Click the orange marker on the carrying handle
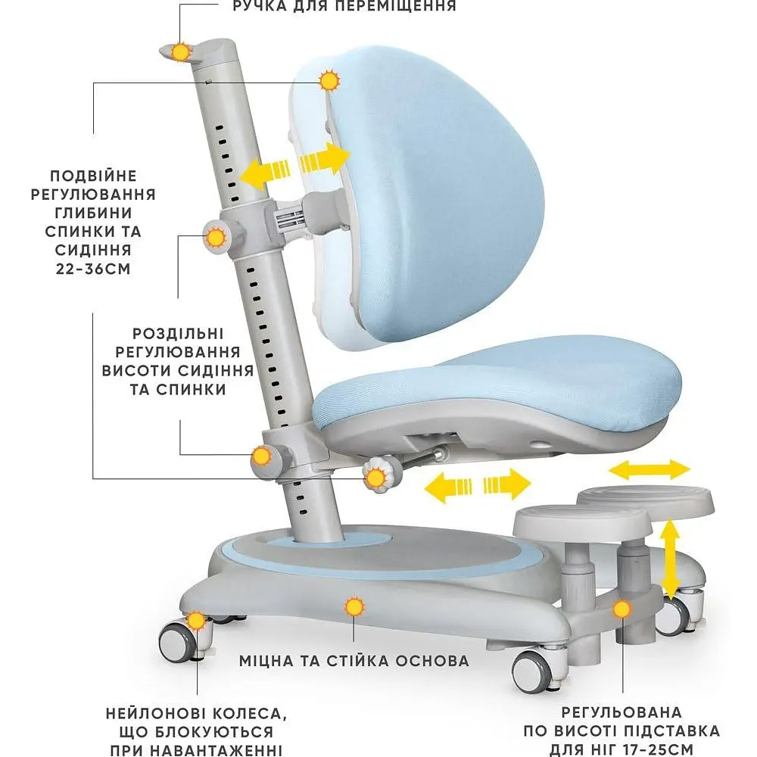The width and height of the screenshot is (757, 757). point(182,51)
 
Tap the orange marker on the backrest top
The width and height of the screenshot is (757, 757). point(330,80)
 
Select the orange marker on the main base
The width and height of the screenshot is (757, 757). point(354,607)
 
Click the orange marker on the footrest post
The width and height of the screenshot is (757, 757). point(622,609)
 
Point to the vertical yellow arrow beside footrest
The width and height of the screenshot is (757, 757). point(670,559)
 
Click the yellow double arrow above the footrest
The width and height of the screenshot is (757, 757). point(650,469)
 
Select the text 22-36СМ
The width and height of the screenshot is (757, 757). point(93,269)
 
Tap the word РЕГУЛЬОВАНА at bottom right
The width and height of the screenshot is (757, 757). point(621,712)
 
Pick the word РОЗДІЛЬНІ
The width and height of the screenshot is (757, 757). point(178,334)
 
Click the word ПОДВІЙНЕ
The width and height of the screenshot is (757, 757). point(93,176)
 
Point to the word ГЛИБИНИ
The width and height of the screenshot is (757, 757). point(93,213)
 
